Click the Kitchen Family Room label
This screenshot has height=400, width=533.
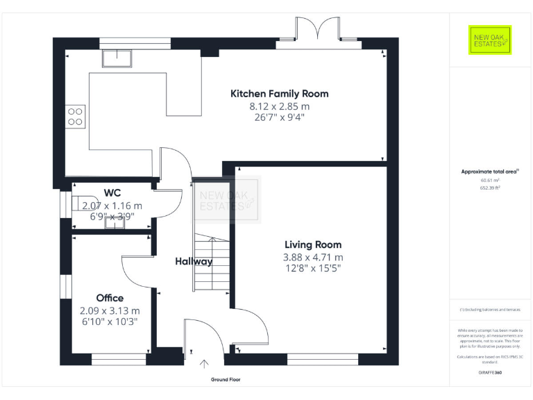pyautogui.click(x=279, y=94)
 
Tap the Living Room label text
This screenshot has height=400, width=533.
pyautogui.click(x=313, y=244)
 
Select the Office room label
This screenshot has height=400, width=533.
pyautogui.click(x=110, y=298)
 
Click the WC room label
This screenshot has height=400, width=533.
pyautogui.click(x=112, y=192)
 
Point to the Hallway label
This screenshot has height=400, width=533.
pyautogui.click(x=194, y=262)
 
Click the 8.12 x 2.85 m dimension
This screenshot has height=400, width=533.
pyautogui.click(x=279, y=106)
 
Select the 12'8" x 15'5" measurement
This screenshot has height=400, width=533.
pyautogui.click(x=313, y=268)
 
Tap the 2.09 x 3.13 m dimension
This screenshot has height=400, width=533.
pyautogui.click(x=110, y=310)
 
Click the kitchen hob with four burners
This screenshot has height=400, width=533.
pyautogui.click(x=75, y=116)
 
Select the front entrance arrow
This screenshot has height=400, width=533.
pyautogui.click(x=205, y=363)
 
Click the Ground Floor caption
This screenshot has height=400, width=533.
pyautogui.click(x=226, y=380)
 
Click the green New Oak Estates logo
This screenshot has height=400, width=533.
pyautogui.click(x=490, y=40)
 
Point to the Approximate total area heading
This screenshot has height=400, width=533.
pyautogui.click(x=490, y=171)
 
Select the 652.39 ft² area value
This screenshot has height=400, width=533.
pyautogui.click(x=490, y=188)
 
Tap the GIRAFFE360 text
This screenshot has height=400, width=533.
pyautogui.click(x=490, y=373)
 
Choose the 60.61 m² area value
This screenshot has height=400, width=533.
pyautogui.click(x=490, y=180)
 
